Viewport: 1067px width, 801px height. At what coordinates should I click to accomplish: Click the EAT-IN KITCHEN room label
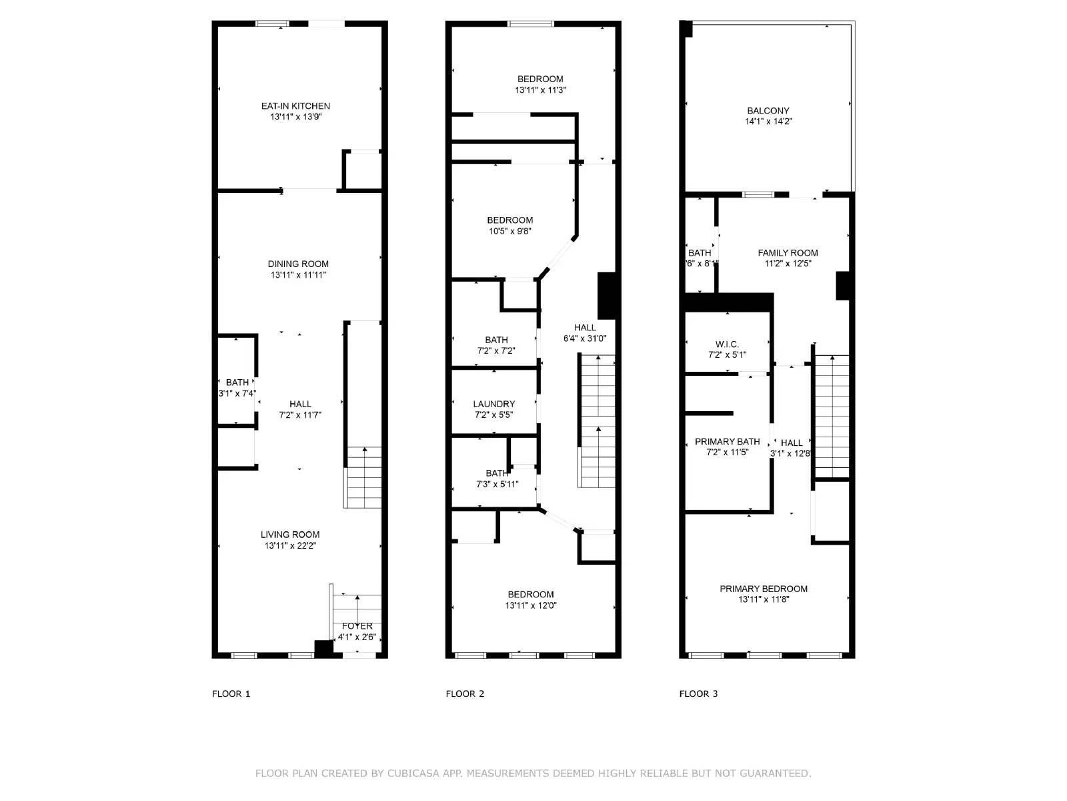tap(295, 106)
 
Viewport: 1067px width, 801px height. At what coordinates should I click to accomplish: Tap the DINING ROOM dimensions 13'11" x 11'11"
tap(298, 275)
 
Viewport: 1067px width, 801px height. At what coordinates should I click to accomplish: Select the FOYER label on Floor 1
tap(357, 626)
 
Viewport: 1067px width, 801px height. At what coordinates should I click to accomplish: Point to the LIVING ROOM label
tap(290, 535)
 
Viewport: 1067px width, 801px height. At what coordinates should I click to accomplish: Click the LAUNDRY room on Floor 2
tap(494, 404)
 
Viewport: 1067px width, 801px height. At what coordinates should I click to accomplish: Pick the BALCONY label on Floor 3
tap(768, 111)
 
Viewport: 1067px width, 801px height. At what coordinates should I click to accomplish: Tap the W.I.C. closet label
tap(727, 344)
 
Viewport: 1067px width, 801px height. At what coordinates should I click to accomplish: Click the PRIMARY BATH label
tap(727, 442)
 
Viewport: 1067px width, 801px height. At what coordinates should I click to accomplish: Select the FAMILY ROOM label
tap(788, 253)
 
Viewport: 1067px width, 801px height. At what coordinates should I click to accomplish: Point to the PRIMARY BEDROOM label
tap(764, 589)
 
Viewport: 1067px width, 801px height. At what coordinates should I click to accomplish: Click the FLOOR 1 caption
tap(231, 694)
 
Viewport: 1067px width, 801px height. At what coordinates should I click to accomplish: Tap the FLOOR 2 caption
tap(465, 694)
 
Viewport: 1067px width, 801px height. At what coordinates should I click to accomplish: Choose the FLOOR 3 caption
tap(698, 694)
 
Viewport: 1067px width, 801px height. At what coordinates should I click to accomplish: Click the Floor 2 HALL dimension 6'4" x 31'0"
tap(585, 338)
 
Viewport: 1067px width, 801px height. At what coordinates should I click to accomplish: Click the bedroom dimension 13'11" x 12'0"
tap(531, 606)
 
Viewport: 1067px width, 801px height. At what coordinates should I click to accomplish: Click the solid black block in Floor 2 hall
tap(606, 295)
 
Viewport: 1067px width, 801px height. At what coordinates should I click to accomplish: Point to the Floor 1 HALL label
tap(300, 404)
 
